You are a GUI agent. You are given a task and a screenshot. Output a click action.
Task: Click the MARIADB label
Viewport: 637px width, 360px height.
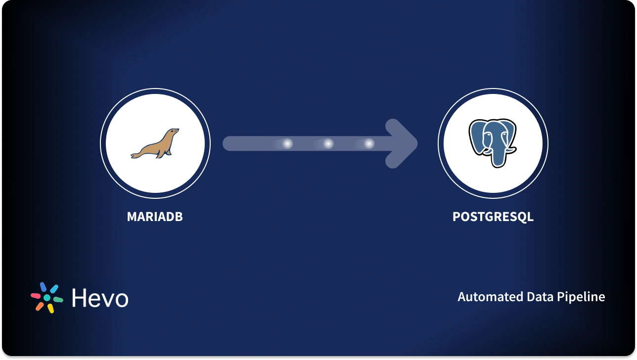click(x=155, y=217)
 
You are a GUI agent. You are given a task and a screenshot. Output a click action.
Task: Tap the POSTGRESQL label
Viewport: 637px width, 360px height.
click(x=493, y=217)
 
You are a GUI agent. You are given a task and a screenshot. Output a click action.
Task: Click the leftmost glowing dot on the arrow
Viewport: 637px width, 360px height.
click(x=287, y=144)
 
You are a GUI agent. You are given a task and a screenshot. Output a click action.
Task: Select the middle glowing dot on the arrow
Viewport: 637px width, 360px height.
click(x=328, y=144)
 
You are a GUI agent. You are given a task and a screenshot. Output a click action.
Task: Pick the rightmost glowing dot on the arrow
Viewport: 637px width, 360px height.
click(x=369, y=144)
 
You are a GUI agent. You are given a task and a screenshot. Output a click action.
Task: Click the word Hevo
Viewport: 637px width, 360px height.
click(x=100, y=298)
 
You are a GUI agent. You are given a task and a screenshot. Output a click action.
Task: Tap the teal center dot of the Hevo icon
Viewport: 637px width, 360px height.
click(x=47, y=298)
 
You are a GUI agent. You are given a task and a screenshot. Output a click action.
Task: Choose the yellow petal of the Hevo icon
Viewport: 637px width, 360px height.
click(x=50, y=308)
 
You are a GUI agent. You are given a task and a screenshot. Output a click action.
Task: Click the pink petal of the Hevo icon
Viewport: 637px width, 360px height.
click(x=36, y=296)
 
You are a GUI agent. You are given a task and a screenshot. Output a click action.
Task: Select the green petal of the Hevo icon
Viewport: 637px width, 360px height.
click(x=58, y=300)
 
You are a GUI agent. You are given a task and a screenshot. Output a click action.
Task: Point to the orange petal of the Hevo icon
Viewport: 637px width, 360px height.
click(x=40, y=306)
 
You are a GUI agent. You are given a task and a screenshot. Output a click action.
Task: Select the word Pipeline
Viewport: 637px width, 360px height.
click(x=581, y=297)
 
